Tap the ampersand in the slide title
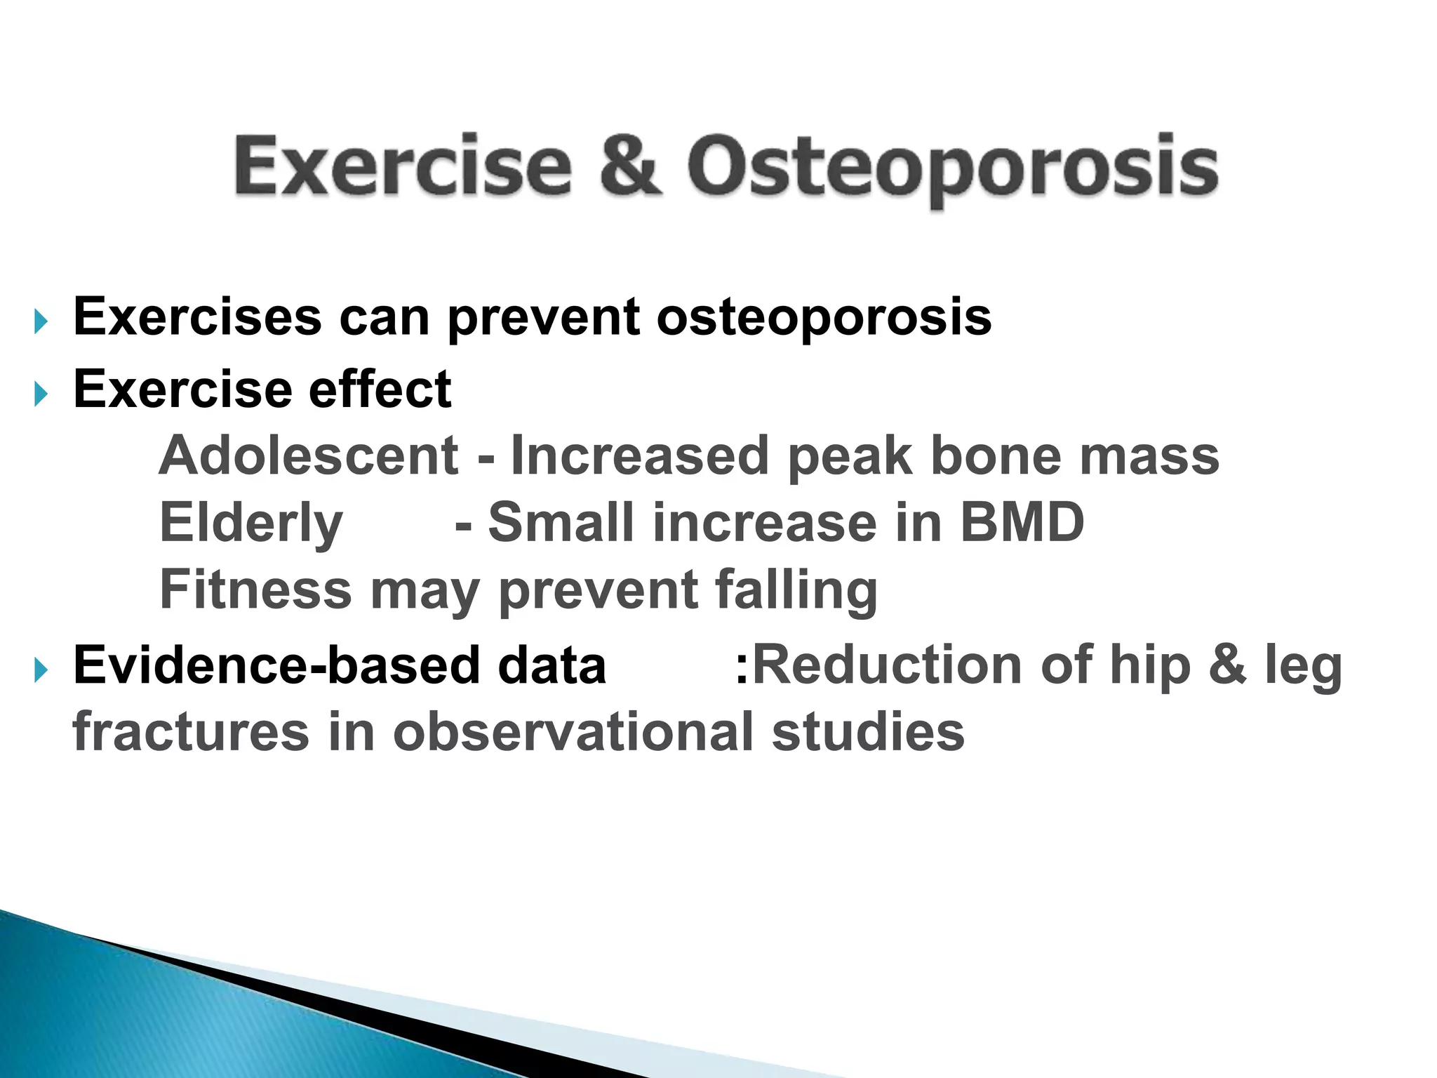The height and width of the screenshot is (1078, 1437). click(x=631, y=166)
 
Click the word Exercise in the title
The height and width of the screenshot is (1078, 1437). click(x=403, y=166)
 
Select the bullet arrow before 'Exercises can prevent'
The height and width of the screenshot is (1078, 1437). click(x=41, y=322)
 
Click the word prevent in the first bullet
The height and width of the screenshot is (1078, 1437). click(x=543, y=318)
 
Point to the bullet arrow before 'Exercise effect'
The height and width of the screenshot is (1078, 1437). click(x=41, y=394)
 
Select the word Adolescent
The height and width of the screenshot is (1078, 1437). click(x=309, y=455)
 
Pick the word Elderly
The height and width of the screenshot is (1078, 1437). click(x=251, y=524)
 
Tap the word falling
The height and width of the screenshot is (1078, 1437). click(x=796, y=590)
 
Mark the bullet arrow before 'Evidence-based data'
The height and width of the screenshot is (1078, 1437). click(x=41, y=671)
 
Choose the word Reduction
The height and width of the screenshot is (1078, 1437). click(x=886, y=665)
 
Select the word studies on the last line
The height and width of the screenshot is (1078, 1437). click(x=868, y=731)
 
